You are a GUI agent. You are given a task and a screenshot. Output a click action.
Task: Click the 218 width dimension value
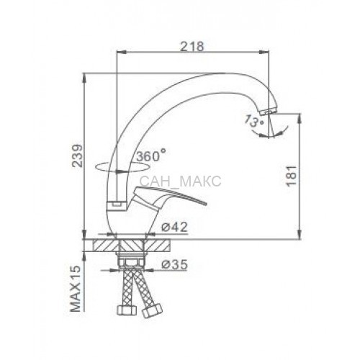(x=192, y=46)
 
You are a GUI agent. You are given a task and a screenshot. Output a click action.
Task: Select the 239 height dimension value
(x=78, y=156)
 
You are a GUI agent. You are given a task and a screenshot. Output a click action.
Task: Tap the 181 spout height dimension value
(x=292, y=176)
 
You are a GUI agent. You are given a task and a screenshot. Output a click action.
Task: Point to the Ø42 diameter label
(x=174, y=227)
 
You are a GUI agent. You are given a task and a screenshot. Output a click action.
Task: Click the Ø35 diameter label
(x=174, y=265)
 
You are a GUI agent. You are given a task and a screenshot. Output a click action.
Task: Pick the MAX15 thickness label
(x=76, y=289)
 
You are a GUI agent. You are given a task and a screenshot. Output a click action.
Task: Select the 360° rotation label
(x=151, y=156)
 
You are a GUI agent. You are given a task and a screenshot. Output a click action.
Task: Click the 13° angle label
(x=254, y=122)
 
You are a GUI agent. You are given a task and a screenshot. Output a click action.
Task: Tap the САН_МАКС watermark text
(x=180, y=181)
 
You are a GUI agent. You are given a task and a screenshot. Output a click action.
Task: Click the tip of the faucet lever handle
(x=206, y=204)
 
